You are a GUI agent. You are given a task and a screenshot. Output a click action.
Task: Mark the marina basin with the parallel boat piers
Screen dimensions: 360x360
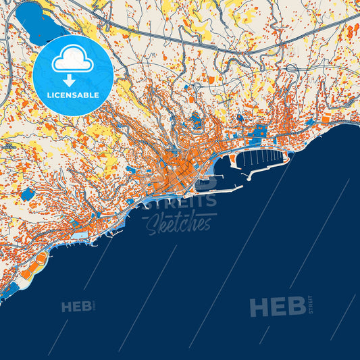coord(260,159)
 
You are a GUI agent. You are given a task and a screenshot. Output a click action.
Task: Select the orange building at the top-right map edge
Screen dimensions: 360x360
coord(353,30)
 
